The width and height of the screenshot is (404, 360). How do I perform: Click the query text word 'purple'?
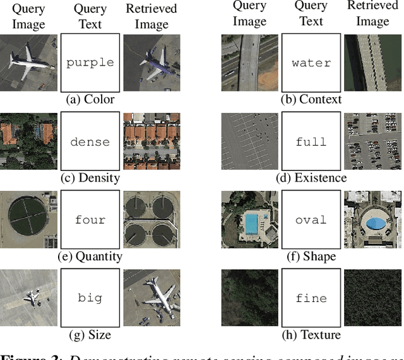click(x=90, y=62)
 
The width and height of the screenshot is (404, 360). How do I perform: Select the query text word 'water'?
click(x=311, y=62)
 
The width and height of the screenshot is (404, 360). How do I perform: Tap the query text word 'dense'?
click(x=90, y=141)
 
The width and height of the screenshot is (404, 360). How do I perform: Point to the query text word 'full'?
click(x=311, y=141)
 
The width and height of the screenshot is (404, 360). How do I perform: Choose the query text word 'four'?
click(x=90, y=220)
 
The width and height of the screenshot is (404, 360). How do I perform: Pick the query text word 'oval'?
click(x=311, y=220)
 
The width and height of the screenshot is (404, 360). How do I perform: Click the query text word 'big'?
click(x=90, y=298)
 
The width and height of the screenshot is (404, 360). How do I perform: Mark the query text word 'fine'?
click(x=311, y=298)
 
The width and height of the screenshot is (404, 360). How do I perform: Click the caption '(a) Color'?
click(x=90, y=98)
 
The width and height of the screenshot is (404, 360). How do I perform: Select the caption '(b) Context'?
click(x=311, y=99)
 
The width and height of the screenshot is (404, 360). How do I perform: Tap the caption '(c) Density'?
click(x=90, y=177)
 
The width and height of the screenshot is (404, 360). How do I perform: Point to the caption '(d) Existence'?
click(x=311, y=177)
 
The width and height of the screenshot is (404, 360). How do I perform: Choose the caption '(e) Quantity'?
click(x=90, y=256)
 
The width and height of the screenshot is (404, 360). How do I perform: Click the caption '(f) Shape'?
click(x=311, y=256)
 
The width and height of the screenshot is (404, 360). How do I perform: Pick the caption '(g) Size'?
click(x=90, y=334)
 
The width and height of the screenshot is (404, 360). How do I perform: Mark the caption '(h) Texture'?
click(x=311, y=334)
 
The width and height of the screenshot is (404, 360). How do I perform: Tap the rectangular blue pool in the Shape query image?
click(x=251, y=223)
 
